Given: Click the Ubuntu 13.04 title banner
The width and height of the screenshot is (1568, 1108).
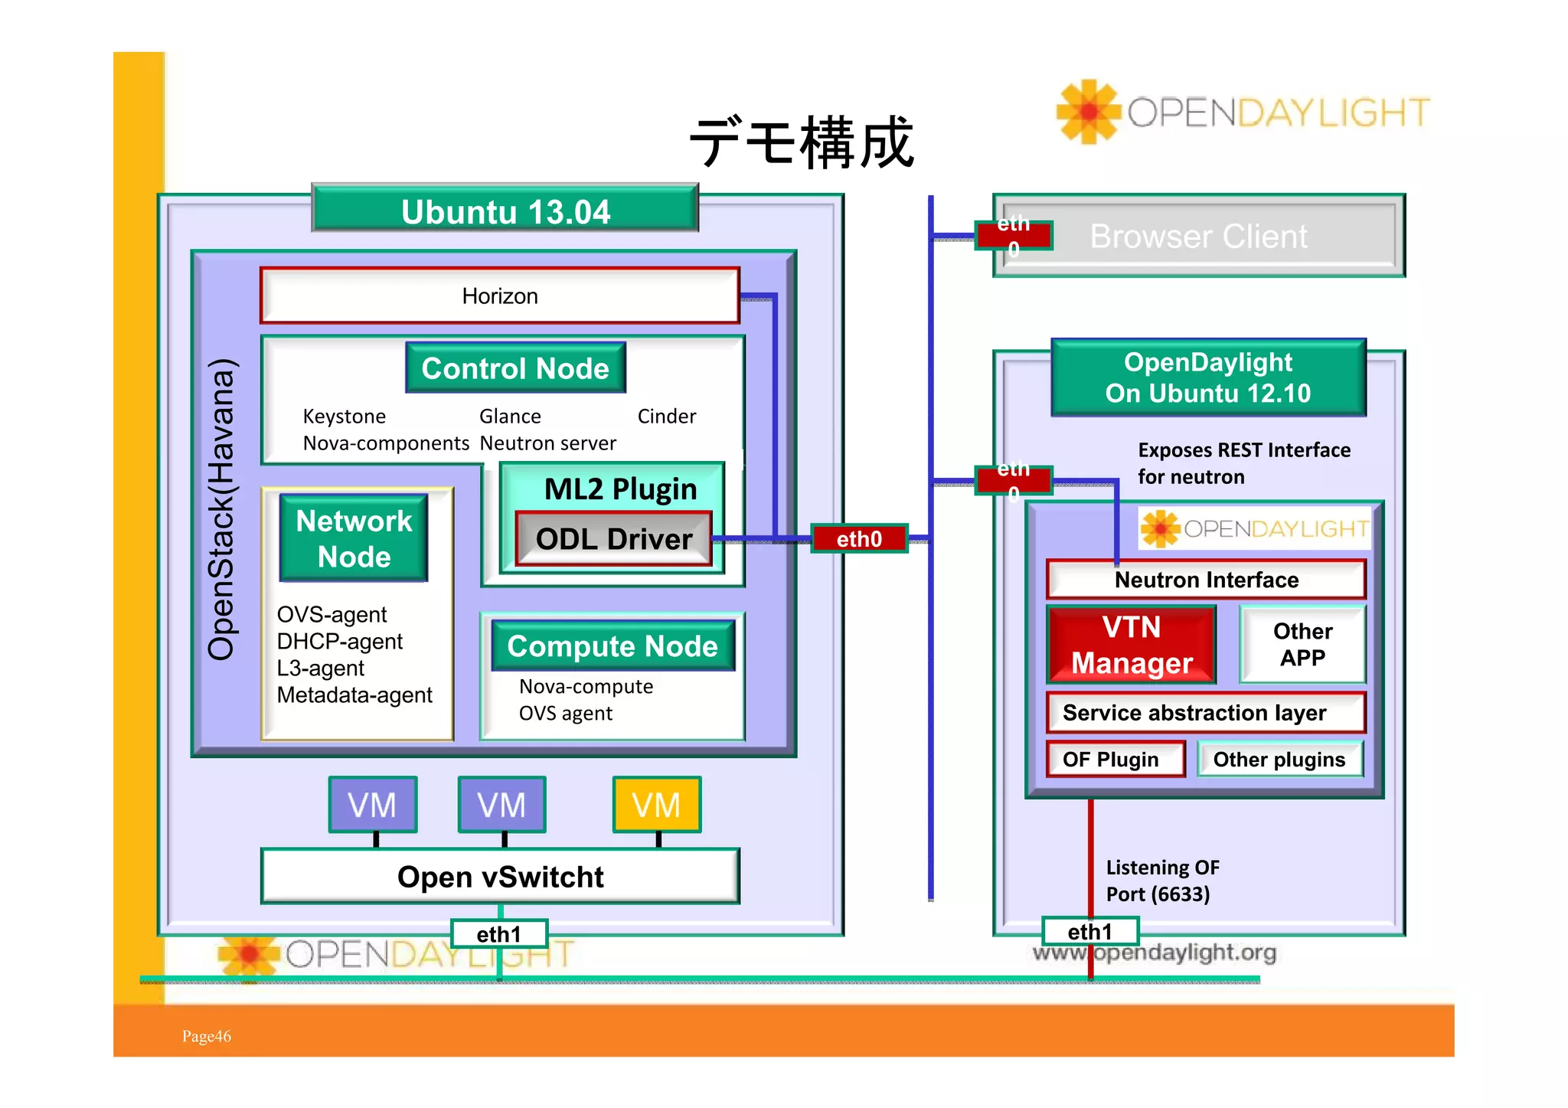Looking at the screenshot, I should pos(505,211).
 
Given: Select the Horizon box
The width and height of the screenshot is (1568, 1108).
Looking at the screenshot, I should pos(499,296).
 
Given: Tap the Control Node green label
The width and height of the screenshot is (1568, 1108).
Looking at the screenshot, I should pos(515,368).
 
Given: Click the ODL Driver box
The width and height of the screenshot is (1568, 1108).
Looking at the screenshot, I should pos(613,539).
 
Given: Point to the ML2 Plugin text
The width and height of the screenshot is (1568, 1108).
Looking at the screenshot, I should pos(619,489).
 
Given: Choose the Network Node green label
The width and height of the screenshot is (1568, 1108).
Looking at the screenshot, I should pos(354,538).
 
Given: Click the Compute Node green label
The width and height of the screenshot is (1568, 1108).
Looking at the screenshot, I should pos(612,646).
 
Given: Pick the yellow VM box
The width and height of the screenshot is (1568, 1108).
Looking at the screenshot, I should pos(656,805).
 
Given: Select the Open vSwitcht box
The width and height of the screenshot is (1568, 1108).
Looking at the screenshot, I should pos(500,877).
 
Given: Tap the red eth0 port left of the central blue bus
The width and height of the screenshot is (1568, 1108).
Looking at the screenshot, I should pos(859,539).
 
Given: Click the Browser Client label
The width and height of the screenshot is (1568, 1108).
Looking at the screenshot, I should pos(1198,237).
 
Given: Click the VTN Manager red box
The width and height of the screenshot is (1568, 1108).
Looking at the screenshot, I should pos(1131,645).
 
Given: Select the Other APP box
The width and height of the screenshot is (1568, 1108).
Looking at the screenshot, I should pos(1302,644).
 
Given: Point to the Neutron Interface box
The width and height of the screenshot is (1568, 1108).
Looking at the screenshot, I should pos(1206,580).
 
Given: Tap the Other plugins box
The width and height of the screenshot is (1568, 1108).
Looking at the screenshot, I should pos(1279,759).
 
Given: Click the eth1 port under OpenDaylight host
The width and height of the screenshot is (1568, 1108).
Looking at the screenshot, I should pos(1089,932).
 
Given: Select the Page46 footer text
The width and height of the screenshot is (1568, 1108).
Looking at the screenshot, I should pos(206,1036).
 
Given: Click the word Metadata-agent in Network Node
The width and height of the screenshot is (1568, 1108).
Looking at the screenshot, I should pos(354,695).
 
